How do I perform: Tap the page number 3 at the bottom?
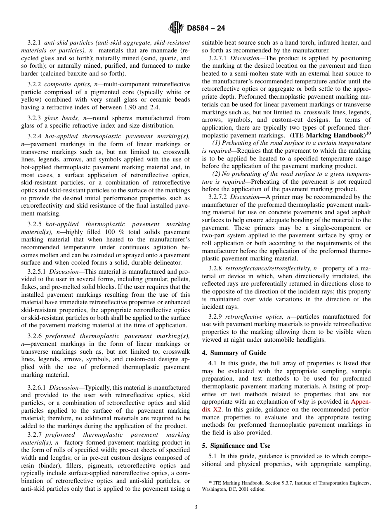[x=196, y=507]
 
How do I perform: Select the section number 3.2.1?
[x=35, y=43]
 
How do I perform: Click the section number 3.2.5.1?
[x=38, y=272]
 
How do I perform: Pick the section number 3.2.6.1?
[x=38, y=388]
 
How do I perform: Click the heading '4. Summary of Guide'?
[x=234, y=353]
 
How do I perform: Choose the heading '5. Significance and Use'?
[x=236, y=446]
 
